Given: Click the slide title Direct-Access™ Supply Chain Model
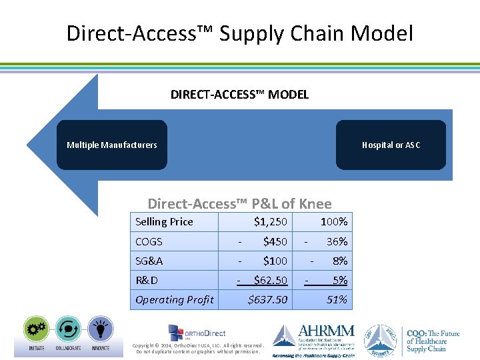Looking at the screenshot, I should [x=239, y=33].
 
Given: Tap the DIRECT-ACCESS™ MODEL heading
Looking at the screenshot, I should [x=239, y=95].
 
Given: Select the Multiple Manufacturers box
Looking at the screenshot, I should [x=112, y=145].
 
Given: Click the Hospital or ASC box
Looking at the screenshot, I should [x=391, y=145].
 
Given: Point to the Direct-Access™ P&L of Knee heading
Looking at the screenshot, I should [x=239, y=203].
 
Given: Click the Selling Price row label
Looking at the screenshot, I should [x=164, y=222].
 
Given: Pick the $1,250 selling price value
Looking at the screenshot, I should [x=270, y=222].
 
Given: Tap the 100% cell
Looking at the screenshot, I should [x=333, y=222].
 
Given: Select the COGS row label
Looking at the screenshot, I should [x=149, y=241].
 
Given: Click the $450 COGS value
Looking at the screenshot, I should [x=275, y=241].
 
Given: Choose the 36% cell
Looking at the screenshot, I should [x=337, y=241].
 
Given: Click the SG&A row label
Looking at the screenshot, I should [x=149, y=261].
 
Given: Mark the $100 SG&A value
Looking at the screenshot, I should [x=275, y=261].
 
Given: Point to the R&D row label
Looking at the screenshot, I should [x=147, y=280].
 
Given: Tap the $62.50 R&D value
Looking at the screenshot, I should [x=270, y=280].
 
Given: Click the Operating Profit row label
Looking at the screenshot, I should [x=175, y=299].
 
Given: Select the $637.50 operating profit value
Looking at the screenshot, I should [x=267, y=299].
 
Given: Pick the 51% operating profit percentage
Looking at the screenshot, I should [x=337, y=299].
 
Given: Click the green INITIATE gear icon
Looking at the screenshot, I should [x=36, y=329].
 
